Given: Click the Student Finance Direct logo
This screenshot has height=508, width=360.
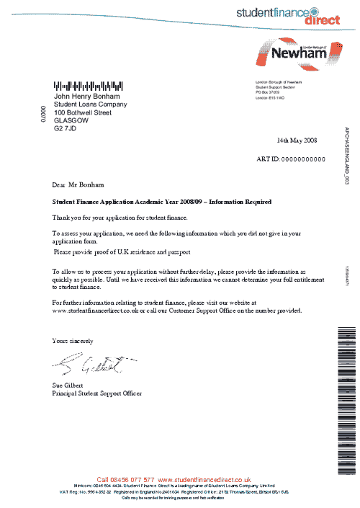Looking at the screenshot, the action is (x=287, y=14).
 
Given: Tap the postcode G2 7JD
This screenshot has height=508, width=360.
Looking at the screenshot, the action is (x=65, y=128).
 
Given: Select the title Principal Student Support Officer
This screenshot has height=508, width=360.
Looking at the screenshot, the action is (x=97, y=394).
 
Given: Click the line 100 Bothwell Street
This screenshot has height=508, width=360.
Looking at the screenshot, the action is (x=83, y=112).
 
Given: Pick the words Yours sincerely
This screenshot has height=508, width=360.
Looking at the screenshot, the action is (x=73, y=339).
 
